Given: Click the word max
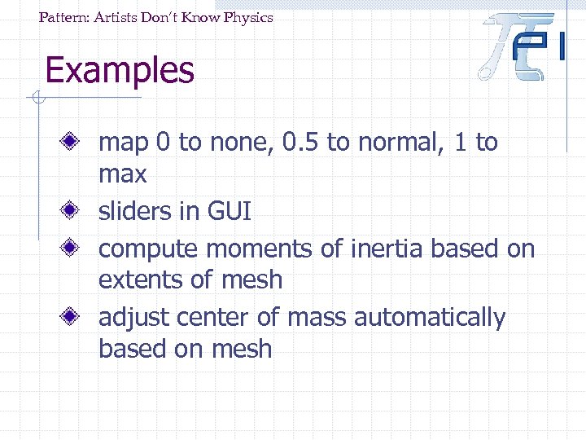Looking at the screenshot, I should point(122,174).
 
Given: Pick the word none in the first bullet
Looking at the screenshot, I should point(237,143).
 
